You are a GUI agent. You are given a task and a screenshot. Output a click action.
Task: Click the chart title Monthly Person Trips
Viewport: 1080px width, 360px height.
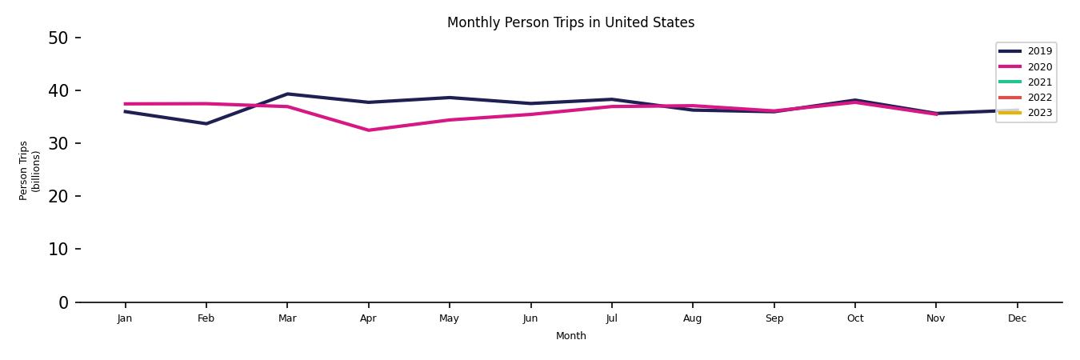[x=570, y=22]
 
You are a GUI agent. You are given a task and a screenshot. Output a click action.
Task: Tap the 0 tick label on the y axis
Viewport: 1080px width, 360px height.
[x=64, y=302]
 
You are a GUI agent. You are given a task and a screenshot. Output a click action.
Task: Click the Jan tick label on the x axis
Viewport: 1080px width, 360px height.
[x=125, y=318]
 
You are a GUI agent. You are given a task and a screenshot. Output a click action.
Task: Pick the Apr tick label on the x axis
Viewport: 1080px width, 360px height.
[x=368, y=318]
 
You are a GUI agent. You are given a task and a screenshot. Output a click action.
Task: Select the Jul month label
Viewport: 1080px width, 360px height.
[x=611, y=318]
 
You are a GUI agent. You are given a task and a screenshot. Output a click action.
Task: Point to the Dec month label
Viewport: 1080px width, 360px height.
[x=1017, y=318]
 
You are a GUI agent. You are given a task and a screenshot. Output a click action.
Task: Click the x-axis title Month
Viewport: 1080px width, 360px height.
[x=570, y=336]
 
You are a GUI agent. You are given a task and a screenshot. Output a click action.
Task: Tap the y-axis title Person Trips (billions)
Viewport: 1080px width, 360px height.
[x=30, y=170]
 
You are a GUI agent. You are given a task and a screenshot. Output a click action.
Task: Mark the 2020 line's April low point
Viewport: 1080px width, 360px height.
[x=368, y=130]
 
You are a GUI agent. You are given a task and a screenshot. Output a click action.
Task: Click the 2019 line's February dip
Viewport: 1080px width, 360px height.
[x=206, y=124]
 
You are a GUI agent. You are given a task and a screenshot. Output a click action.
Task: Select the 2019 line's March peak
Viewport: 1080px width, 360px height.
[x=287, y=94]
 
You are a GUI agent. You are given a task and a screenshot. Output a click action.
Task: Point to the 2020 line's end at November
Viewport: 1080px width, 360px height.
[x=936, y=114]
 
